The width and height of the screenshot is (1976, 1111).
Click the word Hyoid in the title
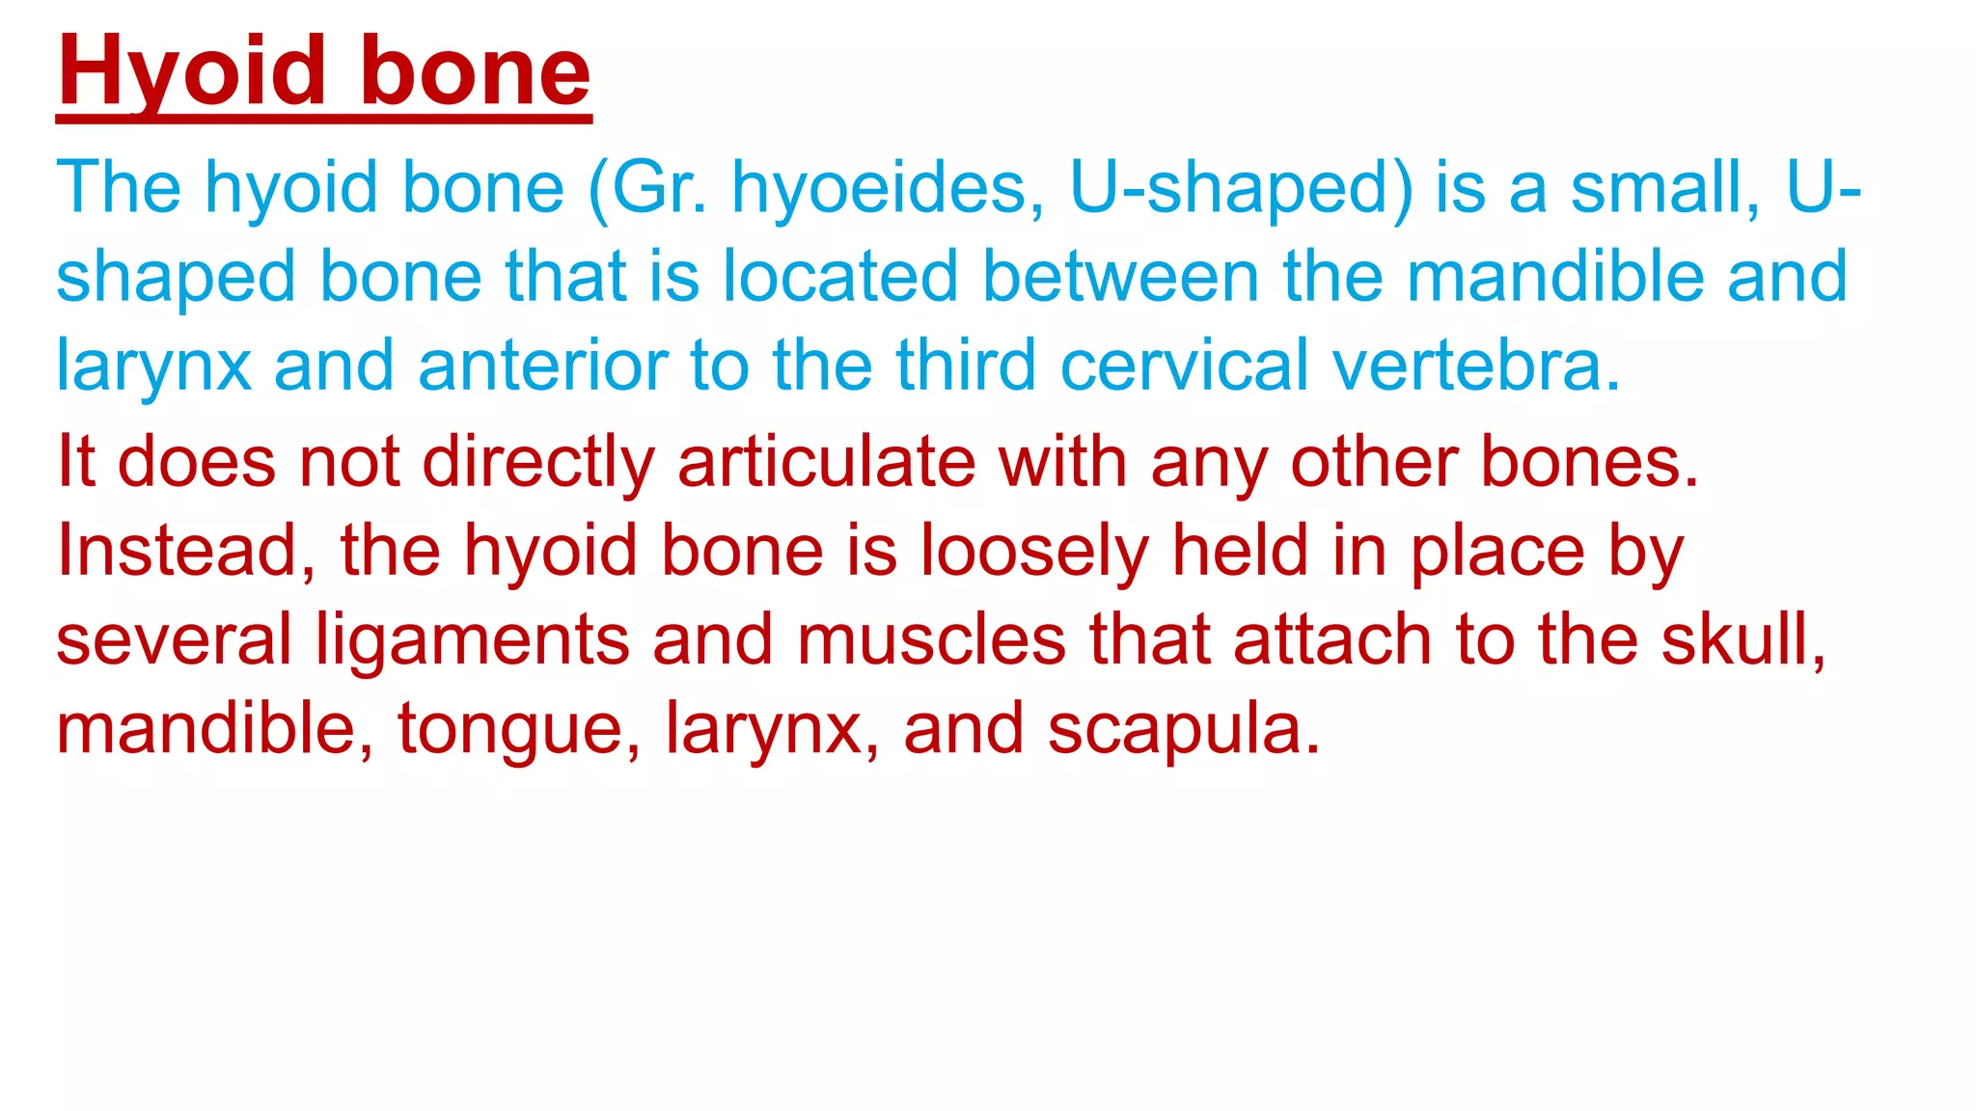[x=192, y=71]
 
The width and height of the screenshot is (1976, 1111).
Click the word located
[x=840, y=277]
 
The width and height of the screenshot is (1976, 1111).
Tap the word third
[x=966, y=366]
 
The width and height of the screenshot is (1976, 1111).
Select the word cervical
[x=1185, y=366]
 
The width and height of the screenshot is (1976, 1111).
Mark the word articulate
[x=827, y=462]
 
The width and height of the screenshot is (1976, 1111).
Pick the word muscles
[x=932, y=640]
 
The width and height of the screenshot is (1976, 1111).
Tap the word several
[x=174, y=640]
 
